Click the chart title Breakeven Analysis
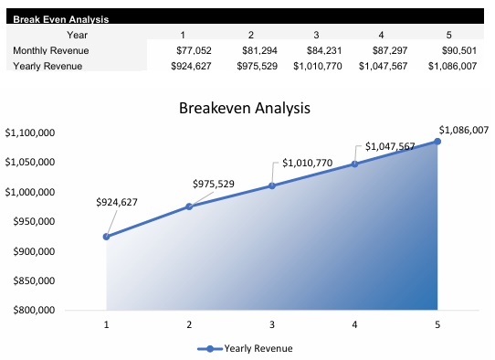(245, 108)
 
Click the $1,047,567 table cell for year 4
(390, 66)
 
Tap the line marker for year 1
(107, 237)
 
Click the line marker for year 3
(272, 185)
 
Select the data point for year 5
(437, 141)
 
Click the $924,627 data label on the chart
(117, 202)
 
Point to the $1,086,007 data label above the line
(464, 130)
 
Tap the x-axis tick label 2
(189, 323)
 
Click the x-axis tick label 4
(354, 323)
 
